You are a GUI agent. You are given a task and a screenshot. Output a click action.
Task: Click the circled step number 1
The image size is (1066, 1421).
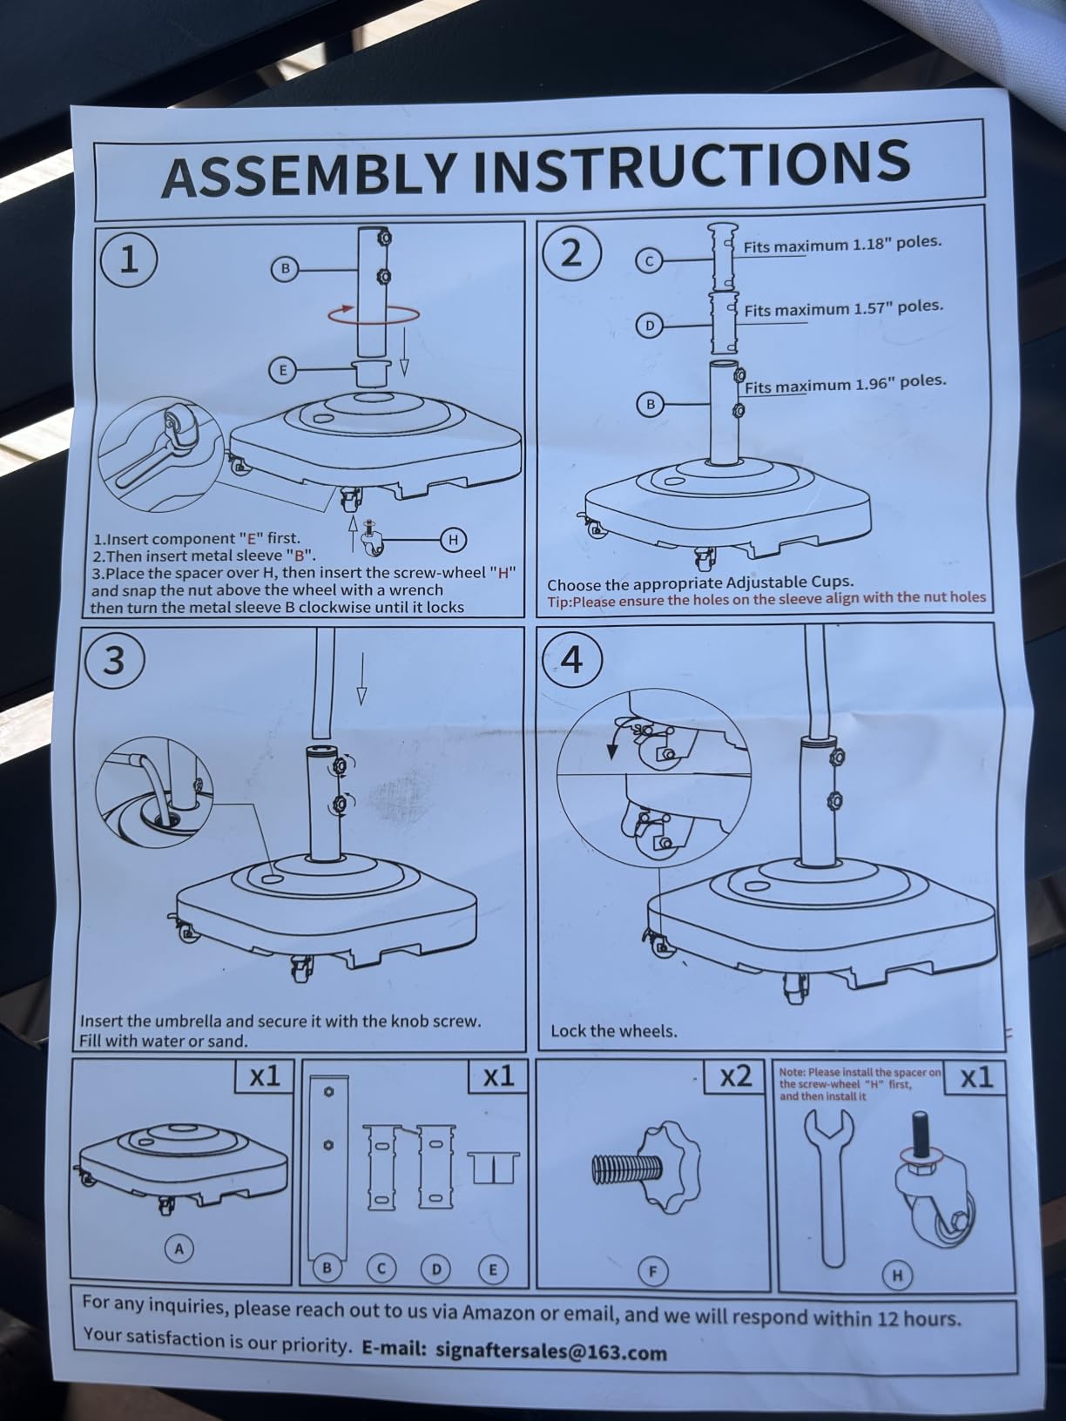[129, 261]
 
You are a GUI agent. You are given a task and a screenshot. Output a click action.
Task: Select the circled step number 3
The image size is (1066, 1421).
[114, 661]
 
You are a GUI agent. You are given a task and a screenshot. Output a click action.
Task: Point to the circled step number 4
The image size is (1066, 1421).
[573, 660]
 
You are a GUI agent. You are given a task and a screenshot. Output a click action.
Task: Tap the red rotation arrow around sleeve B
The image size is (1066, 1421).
[374, 314]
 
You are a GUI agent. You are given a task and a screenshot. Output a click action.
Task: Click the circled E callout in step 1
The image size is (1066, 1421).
[282, 371]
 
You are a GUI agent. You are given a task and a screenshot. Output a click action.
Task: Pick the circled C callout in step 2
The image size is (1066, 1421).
[650, 261]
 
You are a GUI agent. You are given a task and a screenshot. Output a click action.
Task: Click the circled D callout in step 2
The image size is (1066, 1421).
[650, 325]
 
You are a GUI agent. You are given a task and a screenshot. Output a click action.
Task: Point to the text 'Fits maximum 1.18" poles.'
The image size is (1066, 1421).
[842, 245]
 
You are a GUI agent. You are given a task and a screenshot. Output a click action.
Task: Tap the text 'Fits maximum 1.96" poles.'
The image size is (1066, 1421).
[846, 384]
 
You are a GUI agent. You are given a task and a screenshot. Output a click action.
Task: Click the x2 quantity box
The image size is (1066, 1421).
[737, 1076]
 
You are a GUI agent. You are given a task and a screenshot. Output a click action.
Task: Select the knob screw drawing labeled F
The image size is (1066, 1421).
[648, 1165]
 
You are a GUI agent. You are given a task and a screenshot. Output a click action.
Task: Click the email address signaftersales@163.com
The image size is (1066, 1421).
[550, 1351]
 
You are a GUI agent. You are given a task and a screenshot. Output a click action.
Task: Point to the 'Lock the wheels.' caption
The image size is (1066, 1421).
[614, 1031]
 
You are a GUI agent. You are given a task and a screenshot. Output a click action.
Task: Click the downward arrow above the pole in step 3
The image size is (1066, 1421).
[362, 678]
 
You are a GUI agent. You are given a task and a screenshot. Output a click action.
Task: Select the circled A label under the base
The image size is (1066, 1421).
[179, 1249]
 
